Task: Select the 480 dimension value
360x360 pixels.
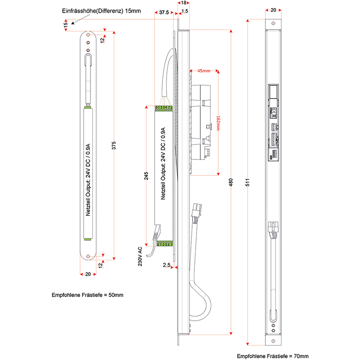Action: click(x=231, y=182)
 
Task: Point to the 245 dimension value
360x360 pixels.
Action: click(x=146, y=176)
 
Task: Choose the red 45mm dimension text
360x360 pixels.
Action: click(x=203, y=71)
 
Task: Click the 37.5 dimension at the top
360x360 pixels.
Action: click(x=164, y=13)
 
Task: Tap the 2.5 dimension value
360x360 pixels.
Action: click(x=166, y=265)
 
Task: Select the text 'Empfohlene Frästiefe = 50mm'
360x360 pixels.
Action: click(x=87, y=295)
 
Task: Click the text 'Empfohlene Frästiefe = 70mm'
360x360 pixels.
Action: click(x=273, y=356)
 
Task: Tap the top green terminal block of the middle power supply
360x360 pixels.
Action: click(x=163, y=108)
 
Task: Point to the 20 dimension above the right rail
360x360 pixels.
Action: click(x=274, y=9)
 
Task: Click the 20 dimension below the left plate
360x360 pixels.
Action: click(x=88, y=274)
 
